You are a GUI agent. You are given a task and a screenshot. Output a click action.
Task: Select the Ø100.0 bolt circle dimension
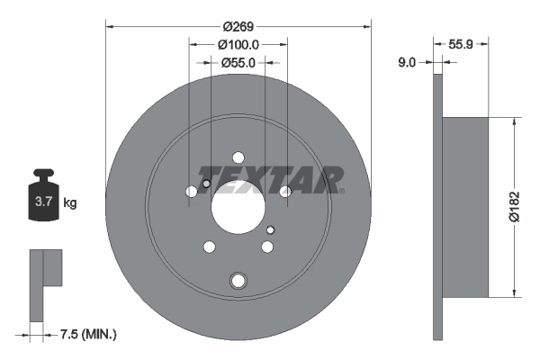point(238,43)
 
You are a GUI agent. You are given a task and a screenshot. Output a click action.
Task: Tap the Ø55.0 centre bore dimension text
point(238,62)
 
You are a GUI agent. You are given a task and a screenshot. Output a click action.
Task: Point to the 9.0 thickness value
point(407,62)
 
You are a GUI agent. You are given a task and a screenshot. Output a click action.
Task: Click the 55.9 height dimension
point(462,43)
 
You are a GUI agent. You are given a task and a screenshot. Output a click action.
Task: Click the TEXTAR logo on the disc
point(270,178)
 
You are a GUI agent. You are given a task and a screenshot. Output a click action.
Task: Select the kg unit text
point(70,203)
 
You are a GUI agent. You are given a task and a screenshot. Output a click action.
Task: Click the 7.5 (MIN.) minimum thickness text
point(86,335)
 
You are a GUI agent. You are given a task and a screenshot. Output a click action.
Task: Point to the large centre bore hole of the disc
point(238,208)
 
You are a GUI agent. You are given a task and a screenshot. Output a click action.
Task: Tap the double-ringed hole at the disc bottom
point(238,280)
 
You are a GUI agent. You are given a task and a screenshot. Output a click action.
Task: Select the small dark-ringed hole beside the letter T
point(206,185)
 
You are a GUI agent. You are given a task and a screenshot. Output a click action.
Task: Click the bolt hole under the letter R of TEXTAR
point(285,192)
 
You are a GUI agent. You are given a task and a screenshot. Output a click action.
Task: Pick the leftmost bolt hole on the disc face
point(190,192)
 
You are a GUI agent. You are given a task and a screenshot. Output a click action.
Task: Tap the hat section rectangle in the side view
point(466,207)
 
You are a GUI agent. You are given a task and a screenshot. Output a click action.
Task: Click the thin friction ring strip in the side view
point(438,207)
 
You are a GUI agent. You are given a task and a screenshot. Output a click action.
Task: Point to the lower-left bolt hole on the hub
point(209,247)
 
